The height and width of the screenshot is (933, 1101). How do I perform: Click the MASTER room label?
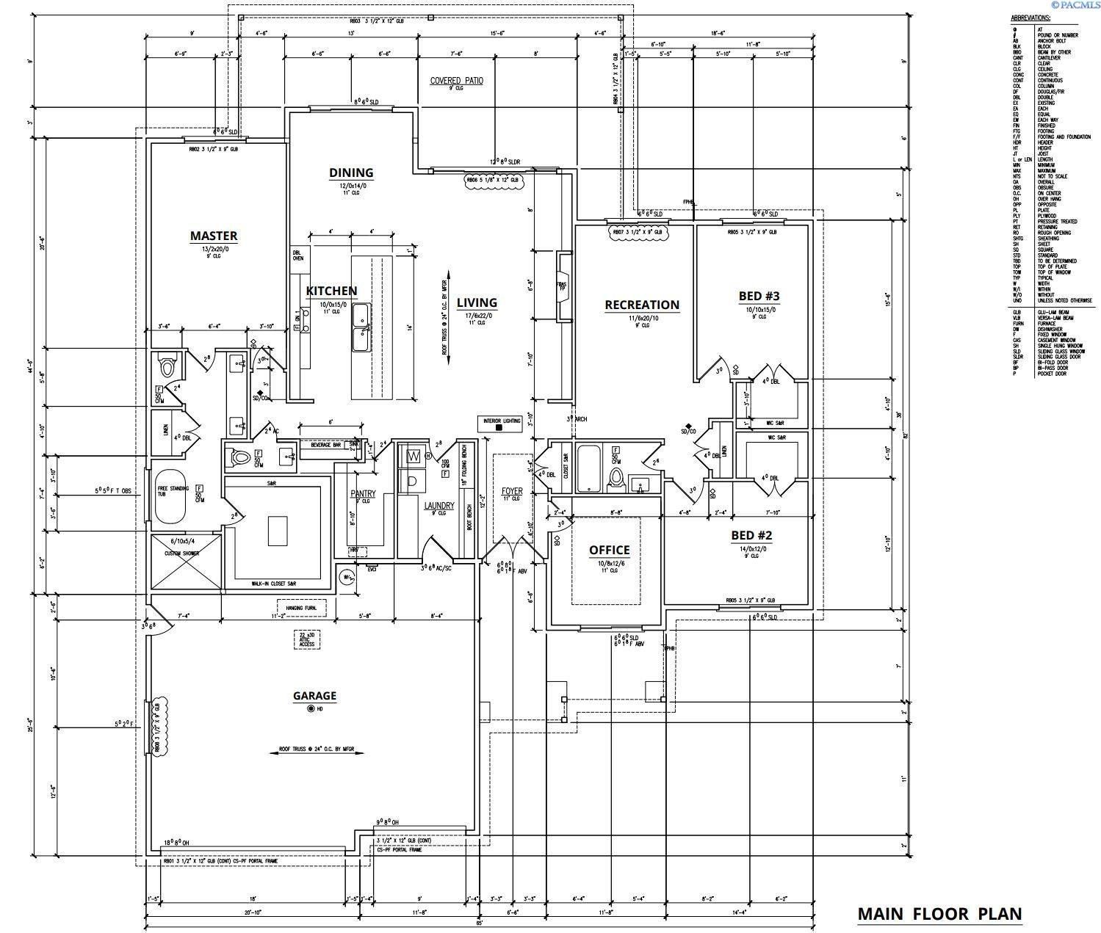[x=214, y=236]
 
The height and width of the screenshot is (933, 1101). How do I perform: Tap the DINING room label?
[x=350, y=173]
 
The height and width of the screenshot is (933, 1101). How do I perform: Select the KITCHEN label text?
[x=331, y=291]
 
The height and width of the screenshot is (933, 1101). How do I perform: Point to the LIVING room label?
[x=477, y=302]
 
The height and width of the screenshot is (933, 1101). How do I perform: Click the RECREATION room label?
[x=641, y=305]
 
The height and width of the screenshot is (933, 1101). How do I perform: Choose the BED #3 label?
[x=759, y=296]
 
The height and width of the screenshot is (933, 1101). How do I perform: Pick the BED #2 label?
[x=751, y=535]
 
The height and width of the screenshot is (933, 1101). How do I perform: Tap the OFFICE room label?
[x=609, y=550]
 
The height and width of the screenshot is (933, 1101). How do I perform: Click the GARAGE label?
[x=314, y=695]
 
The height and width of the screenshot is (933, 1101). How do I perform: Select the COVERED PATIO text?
[x=456, y=80]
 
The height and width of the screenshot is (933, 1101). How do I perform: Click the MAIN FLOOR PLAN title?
[x=939, y=914]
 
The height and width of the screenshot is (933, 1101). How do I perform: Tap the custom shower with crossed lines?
[x=186, y=561]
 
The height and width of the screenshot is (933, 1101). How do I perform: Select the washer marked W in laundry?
[x=414, y=457]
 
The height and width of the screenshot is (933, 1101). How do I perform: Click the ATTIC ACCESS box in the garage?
[x=306, y=639]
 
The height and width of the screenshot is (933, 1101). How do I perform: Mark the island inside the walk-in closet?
[x=277, y=531]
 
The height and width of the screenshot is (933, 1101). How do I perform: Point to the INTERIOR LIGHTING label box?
[x=501, y=424]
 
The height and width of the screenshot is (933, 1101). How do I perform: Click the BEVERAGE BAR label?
[x=325, y=445]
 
